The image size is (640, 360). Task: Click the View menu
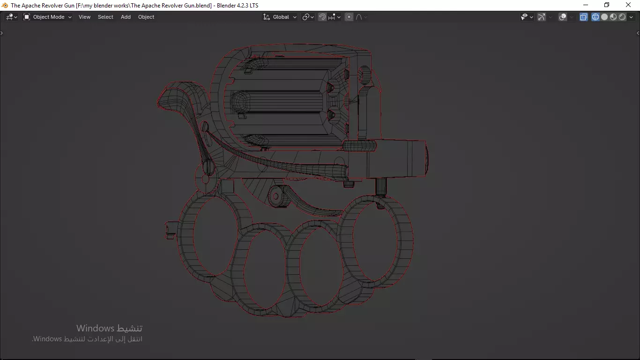click(84, 17)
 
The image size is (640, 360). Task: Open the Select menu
click(105, 17)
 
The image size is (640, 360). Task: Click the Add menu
click(126, 17)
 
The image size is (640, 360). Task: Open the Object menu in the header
click(146, 17)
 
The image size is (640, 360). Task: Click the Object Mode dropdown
click(47, 17)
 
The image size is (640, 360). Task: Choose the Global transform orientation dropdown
click(280, 17)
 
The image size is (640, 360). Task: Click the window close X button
click(628, 5)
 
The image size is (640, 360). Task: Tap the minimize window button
click(585, 5)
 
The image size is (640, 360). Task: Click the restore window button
click(607, 5)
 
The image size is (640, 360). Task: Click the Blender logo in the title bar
click(5, 5)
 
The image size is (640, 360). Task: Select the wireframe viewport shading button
click(595, 17)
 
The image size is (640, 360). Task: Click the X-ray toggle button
click(584, 17)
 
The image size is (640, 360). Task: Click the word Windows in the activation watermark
click(96, 328)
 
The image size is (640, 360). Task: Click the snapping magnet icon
click(322, 17)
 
